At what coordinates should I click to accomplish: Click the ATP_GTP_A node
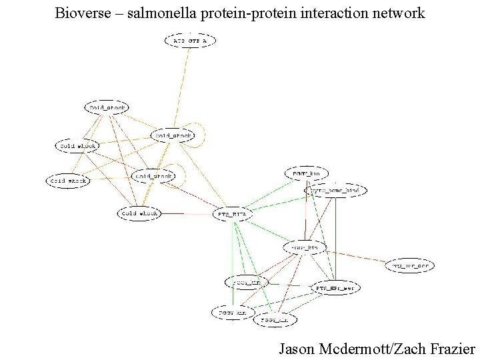(x=190, y=41)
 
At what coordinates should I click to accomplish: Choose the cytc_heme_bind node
(x=335, y=191)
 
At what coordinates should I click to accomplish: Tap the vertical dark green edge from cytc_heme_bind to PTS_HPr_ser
(x=336, y=240)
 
